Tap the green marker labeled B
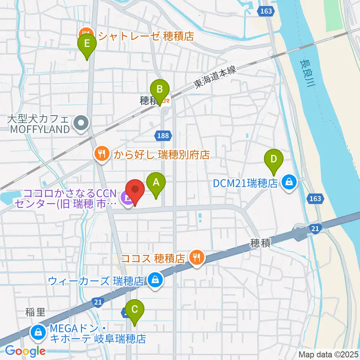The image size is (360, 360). [x=160, y=90]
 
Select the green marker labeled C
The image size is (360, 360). [x=135, y=310]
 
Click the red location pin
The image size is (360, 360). [x=135, y=191]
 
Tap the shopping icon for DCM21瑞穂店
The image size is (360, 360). [x=289, y=183]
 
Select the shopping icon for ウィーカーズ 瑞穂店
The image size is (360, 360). [x=154, y=280]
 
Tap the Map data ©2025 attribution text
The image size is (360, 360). [x=328, y=354]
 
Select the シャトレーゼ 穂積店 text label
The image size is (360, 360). [x=145, y=36]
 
